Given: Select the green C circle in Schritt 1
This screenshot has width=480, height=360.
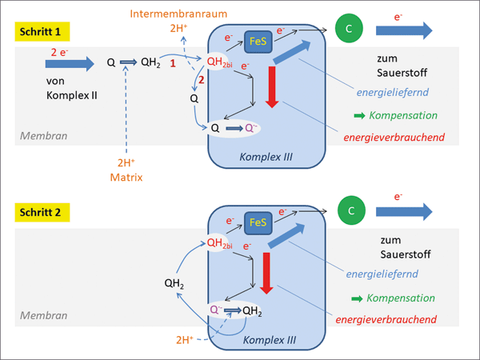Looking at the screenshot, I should point(348,29).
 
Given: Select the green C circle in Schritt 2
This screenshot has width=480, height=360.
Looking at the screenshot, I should point(348,211).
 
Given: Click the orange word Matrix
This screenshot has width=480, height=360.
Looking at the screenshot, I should point(126,176).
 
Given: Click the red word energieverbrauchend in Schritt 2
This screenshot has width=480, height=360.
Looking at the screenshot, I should point(390,318).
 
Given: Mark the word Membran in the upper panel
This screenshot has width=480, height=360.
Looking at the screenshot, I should point(38,135).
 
